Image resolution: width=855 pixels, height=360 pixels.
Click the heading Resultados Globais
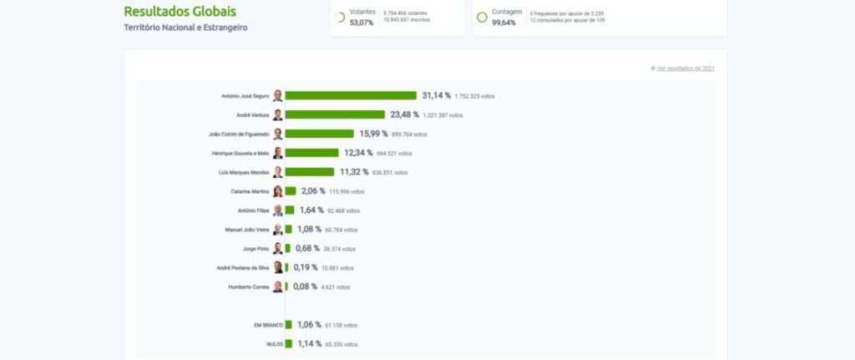(180, 12)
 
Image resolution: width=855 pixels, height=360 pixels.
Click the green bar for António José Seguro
(351, 96)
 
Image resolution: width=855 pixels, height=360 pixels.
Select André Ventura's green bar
(335, 115)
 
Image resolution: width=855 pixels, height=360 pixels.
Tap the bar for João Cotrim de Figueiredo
(319, 134)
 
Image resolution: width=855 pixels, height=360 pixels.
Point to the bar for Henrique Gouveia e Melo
(311, 153)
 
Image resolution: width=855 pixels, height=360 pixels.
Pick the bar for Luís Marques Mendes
(309, 172)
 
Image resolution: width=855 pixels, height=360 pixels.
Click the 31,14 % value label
(437, 96)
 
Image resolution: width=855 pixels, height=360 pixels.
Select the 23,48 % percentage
(405, 115)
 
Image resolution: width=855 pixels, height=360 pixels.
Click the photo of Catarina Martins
(278, 191)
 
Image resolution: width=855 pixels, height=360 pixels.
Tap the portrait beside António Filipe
(278, 210)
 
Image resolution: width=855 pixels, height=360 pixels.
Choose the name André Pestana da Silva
(243, 268)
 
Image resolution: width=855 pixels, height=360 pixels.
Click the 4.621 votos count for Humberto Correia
(336, 287)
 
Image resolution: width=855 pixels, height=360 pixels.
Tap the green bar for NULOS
(289, 344)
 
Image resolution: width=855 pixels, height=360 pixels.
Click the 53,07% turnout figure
(361, 23)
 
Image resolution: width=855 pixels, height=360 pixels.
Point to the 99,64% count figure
(503, 23)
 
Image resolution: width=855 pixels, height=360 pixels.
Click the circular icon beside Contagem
(482, 18)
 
